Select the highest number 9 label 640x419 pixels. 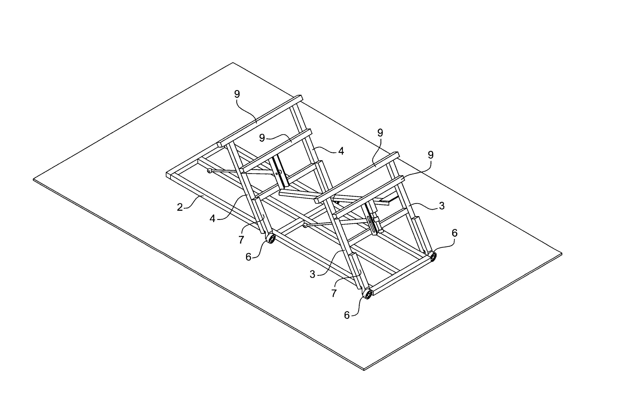tap(237, 94)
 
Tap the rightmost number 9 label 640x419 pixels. tap(431, 155)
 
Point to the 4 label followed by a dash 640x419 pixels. tap(212, 219)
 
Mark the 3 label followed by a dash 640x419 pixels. tap(312, 275)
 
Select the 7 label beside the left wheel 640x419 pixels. tap(241, 240)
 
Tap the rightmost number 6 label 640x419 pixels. tap(454, 233)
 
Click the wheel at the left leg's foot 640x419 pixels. tap(271, 239)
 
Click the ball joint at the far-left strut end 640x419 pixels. tap(209, 171)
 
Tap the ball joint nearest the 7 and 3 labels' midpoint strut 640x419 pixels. tap(305, 225)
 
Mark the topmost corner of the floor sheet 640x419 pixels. tap(233, 63)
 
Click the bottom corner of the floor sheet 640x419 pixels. tap(364, 370)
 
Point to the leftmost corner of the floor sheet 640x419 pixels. tap(33, 180)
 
